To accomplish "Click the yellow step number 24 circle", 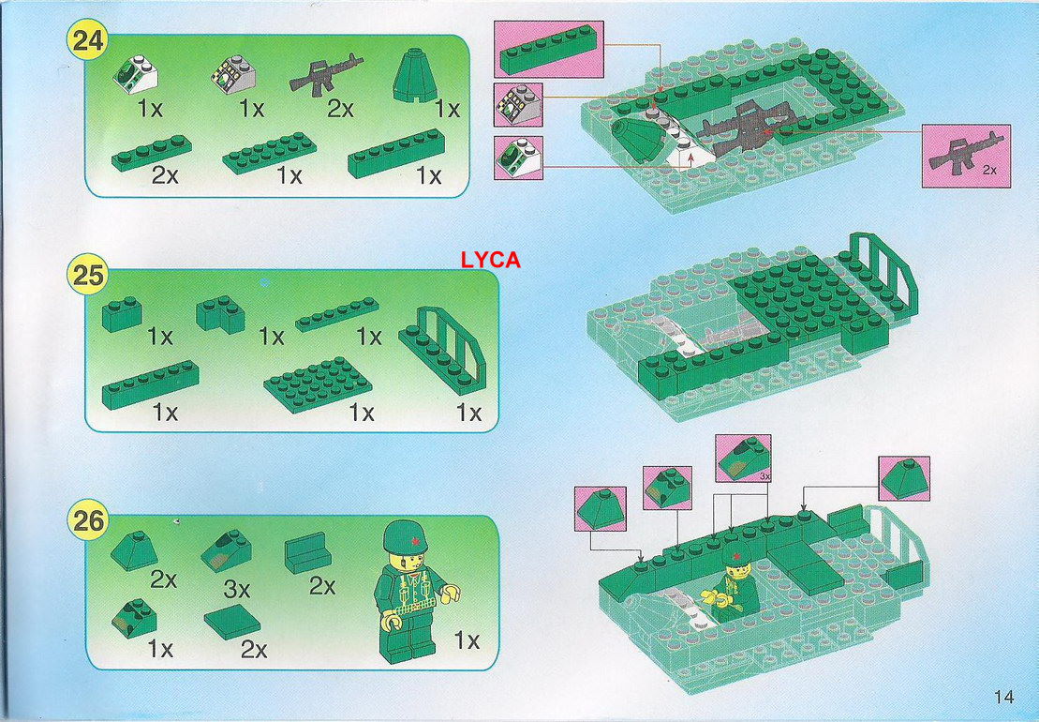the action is (87, 39).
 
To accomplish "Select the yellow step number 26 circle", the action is (87, 520).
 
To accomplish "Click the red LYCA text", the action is (490, 260).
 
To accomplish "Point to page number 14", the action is (1003, 696).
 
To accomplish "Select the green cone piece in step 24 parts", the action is (415, 75).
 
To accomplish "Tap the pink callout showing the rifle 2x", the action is (966, 156).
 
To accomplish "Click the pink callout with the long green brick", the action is (549, 49).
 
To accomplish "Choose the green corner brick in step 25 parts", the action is (221, 313).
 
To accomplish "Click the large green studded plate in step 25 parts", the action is (318, 384).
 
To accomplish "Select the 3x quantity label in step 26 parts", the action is (236, 588).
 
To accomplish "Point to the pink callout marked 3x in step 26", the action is (744, 459).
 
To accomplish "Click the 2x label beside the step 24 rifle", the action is (340, 108).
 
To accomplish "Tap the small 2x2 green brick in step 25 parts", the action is (122, 313).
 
